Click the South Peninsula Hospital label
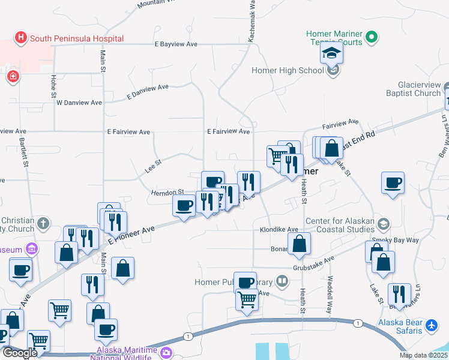(x=77, y=38)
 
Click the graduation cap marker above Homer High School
(x=331, y=54)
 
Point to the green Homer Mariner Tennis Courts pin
(x=372, y=38)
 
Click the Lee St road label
(x=154, y=166)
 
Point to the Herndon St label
(x=166, y=192)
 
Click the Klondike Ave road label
(x=279, y=230)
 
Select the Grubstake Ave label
(x=313, y=263)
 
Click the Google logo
(x=19, y=353)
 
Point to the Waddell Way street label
(x=330, y=294)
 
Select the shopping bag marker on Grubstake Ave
(x=299, y=245)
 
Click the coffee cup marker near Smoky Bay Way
(x=393, y=184)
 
